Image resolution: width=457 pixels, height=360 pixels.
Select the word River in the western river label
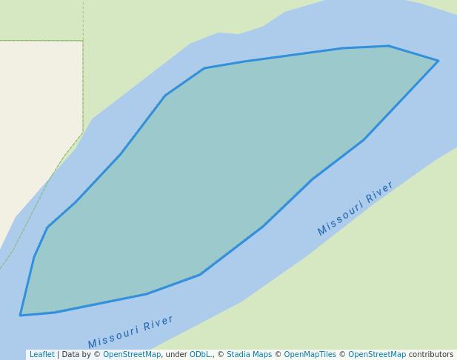[x=159, y=323]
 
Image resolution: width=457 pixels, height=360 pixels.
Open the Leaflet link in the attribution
[x=41, y=355]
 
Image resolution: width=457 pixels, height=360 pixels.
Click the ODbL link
[x=200, y=355]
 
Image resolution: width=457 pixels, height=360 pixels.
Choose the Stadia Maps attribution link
[x=249, y=355]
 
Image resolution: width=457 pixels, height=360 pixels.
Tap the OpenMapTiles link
[x=305, y=355]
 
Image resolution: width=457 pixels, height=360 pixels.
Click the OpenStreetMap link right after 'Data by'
[x=132, y=355]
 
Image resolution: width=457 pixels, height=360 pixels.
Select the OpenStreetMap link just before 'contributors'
[x=377, y=355]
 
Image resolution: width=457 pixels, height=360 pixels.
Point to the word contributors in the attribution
[x=431, y=355]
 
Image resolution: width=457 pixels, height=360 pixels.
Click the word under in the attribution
[x=176, y=355]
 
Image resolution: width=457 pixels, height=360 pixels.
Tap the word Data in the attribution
[x=71, y=355]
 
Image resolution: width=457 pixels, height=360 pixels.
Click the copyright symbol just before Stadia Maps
[x=221, y=355]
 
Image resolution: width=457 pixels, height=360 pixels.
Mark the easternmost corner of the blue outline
[x=438, y=61]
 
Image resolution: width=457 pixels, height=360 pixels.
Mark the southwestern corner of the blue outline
[x=21, y=316]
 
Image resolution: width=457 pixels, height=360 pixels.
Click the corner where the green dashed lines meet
[x=83, y=41]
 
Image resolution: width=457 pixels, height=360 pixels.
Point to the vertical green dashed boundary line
[x=83, y=89]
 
